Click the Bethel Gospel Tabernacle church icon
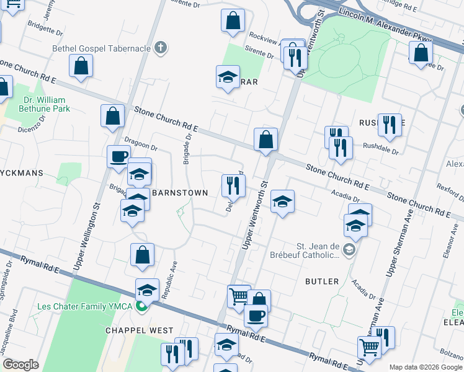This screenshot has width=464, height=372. (x=161, y=47)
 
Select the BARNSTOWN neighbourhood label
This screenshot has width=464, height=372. (x=180, y=193)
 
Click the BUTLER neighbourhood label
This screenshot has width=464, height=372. (x=322, y=281)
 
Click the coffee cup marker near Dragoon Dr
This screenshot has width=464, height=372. (x=118, y=156)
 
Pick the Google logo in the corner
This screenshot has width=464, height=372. (x=20, y=365)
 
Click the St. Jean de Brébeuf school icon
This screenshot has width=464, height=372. (x=349, y=250)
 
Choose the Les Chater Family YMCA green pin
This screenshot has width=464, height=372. (x=141, y=306)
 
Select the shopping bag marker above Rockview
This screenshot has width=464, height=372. (x=233, y=20)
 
